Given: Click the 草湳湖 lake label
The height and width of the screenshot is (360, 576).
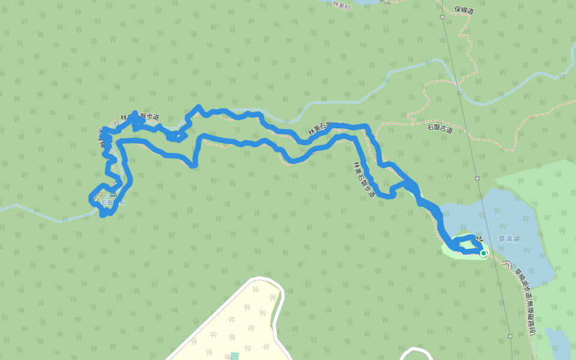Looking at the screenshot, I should click(x=509, y=239).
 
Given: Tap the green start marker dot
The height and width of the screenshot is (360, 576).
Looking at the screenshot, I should click(x=484, y=253).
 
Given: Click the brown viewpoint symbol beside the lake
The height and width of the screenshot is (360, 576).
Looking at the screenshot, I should click(x=479, y=239).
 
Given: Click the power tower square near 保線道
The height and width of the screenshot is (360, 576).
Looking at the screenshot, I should click(x=442, y=17).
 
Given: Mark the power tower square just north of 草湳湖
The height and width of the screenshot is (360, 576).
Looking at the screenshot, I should click(x=477, y=178).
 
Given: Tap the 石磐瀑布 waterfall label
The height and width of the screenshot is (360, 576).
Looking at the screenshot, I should click(x=113, y=203).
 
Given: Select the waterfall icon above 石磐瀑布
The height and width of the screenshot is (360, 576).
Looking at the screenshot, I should click(x=113, y=193).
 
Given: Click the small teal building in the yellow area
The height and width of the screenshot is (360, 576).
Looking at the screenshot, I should click(x=235, y=356).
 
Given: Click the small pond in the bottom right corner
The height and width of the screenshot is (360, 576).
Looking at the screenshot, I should click(x=559, y=345).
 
